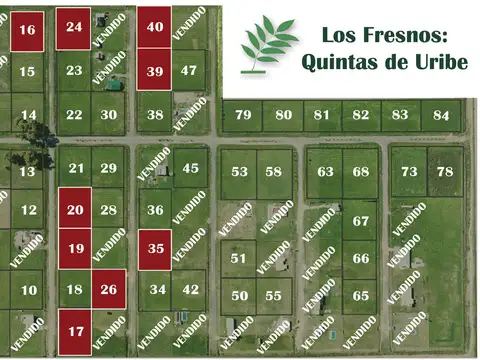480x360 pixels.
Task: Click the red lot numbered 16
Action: click(x=27, y=30)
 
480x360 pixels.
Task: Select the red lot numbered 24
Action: click(x=73, y=27)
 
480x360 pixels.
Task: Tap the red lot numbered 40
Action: click(x=154, y=27)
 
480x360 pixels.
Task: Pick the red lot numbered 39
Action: click(x=154, y=70)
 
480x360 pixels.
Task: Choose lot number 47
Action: click(x=189, y=70)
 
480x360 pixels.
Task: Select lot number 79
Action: click(x=243, y=114)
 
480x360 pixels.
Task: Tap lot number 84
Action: click(x=442, y=114)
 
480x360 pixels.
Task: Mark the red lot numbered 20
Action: click(x=74, y=209)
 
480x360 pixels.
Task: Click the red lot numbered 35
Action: click(x=154, y=247)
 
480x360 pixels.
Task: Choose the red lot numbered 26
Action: click(x=109, y=290)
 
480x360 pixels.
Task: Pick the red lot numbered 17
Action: click(x=74, y=330)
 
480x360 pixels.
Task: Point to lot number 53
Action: click(x=240, y=171)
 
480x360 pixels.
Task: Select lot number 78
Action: click(x=445, y=171)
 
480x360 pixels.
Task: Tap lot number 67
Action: click(x=361, y=221)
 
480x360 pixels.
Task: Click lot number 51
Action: click(x=238, y=258)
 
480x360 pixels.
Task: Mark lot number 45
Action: click(x=190, y=168)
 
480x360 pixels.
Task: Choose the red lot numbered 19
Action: click(x=74, y=247)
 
